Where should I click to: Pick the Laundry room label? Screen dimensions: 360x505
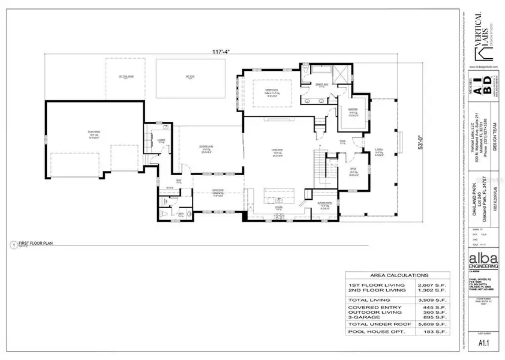point(161,142)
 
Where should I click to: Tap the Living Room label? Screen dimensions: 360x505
point(277,148)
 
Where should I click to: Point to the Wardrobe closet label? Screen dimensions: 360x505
point(353,110)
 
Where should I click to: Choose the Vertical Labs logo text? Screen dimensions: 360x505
point(481,33)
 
